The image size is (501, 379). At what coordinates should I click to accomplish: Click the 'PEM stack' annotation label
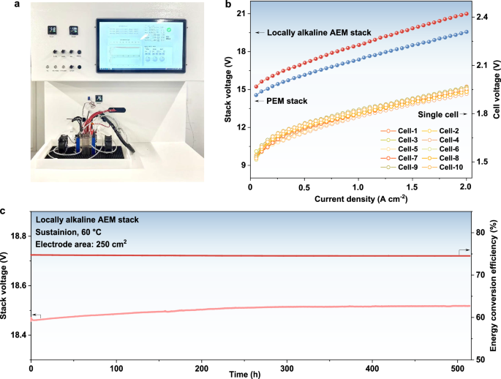(287, 100)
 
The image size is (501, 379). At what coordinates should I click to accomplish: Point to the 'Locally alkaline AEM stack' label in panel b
(320, 33)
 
